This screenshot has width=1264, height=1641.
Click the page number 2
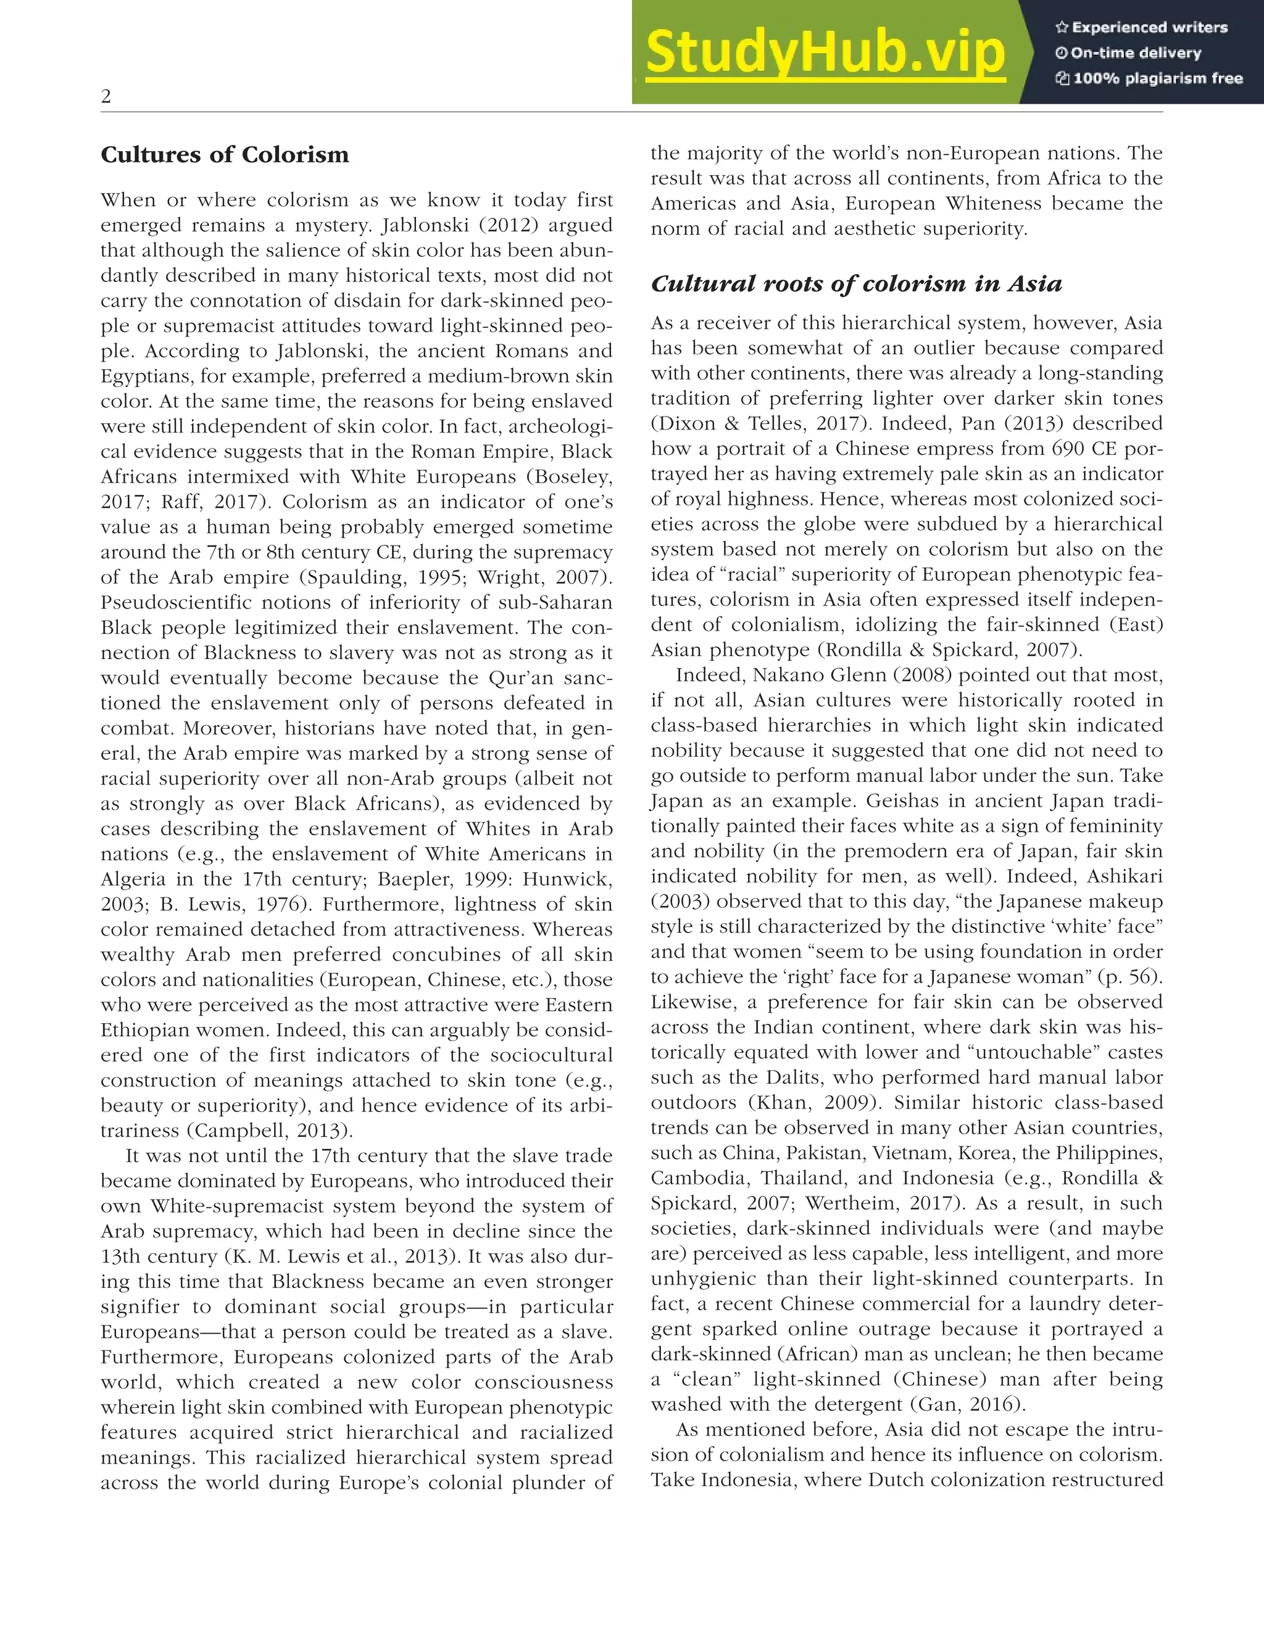(106, 97)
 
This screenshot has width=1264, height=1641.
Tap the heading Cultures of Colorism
(225, 155)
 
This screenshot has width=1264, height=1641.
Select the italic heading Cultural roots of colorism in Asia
(856, 284)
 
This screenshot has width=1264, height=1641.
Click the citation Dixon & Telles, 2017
(759, 424)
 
